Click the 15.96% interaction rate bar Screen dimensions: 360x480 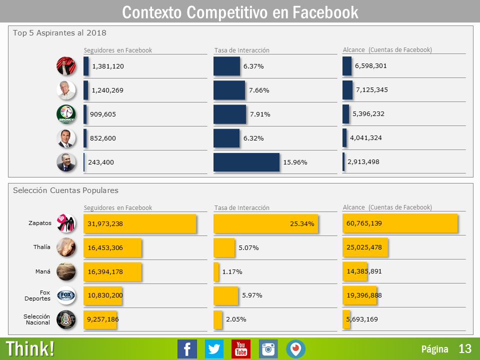246,162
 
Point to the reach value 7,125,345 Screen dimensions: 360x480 371,90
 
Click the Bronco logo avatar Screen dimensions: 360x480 66,114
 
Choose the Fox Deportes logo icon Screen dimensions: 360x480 66,295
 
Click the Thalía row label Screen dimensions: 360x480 42,247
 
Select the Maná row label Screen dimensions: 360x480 43,271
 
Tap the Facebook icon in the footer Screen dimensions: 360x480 187,349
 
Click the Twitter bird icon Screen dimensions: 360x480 214,349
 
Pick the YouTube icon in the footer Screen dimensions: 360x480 241,349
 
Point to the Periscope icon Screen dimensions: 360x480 295,349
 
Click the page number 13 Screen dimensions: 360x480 465,349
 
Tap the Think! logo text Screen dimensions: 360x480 30,349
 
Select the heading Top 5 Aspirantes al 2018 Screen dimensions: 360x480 59,33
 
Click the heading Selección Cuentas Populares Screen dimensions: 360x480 65,190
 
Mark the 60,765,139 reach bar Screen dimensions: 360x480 400,223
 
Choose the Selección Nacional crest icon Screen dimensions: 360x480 66,319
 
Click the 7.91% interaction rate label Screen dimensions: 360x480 260,114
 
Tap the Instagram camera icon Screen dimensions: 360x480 268,349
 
